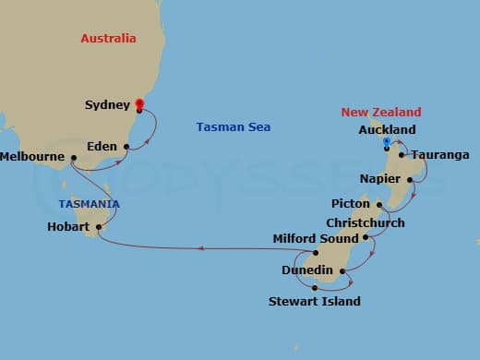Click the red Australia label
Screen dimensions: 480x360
tap(108, 39)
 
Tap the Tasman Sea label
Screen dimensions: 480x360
tap(234, 127)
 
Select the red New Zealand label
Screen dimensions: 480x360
tap(380, 112)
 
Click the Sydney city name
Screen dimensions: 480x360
tap(107, 105)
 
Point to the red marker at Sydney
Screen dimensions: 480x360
tap(139, 103)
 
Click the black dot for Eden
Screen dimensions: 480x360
tap(126, 146)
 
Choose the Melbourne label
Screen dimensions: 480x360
tap(32, 158)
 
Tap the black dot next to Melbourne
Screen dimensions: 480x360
tap(72, 158)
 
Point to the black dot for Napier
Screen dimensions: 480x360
tap(408, 179)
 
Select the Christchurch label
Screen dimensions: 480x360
tap(365, 222)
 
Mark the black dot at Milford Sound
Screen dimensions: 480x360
tap(316, 252)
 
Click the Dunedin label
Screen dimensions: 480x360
tap(308, 270)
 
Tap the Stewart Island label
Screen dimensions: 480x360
tap(314, 301)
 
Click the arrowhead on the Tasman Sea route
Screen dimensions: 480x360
tap(204, 247)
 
